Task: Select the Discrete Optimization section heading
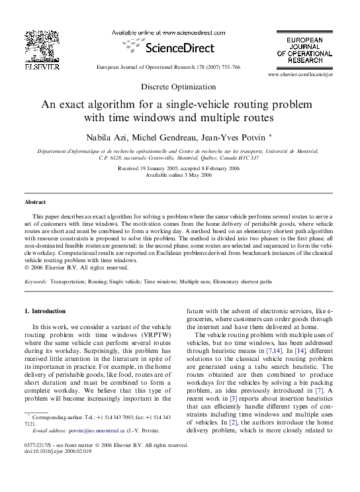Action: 178,87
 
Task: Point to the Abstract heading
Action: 35,202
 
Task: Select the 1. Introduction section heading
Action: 45,311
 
